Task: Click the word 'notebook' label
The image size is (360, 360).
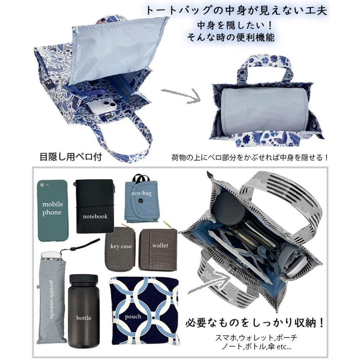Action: (x=95, y=216)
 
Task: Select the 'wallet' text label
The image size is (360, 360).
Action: (x=160, y=245)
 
